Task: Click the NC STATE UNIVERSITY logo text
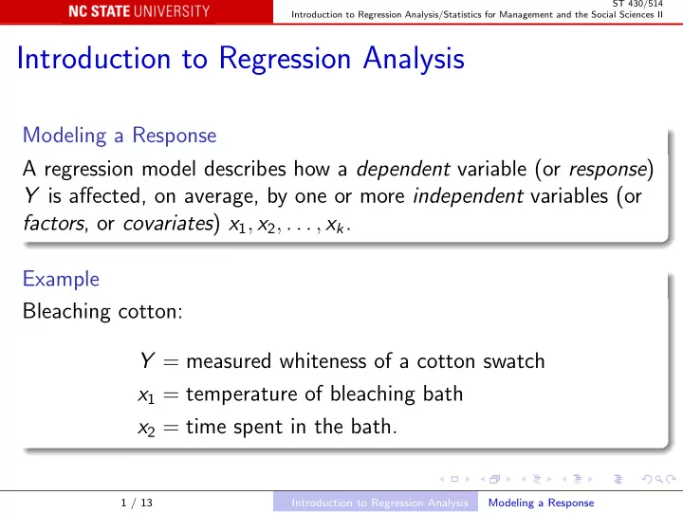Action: [x=138, y=11]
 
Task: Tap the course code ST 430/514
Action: [x=637, y=4]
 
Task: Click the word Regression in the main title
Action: [x=285, y=59]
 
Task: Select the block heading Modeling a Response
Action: [x=120, y=136]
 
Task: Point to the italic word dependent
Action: [x=403, y=169]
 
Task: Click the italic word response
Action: [x=608, y=170]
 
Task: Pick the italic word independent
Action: [x=468, y=196]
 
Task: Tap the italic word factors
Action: [x=53, y=223]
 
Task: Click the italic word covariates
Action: [x=168, y=224]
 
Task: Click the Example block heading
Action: [x=61, y=279]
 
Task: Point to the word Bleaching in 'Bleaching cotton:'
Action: [x=66, y=312]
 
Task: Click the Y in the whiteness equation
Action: [x=147, y=360]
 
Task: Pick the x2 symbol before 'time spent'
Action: [x=146, y=429]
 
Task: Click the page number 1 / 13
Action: [x=137, y=503]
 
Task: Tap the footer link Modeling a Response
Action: [x=541, y=503]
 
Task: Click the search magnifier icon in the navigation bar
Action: [x=659, y=479]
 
